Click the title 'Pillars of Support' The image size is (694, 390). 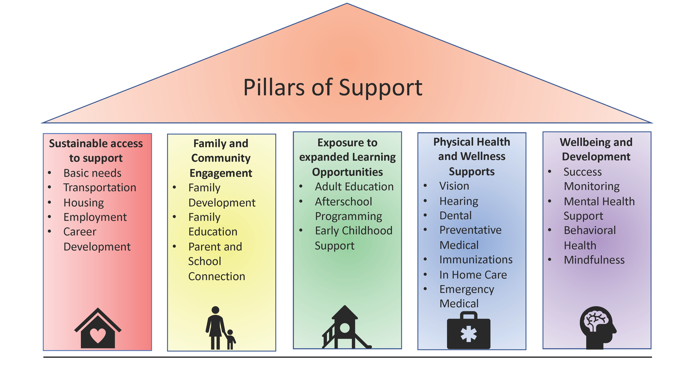point(333,87)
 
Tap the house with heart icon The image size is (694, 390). point(98,328)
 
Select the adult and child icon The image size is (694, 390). point(220,328)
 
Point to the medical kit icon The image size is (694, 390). point(468,331)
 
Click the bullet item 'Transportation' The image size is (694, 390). point(100,188)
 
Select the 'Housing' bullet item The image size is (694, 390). point(83,203)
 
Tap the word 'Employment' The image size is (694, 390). point(95,217)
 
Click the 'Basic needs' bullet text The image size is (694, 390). point(92,173)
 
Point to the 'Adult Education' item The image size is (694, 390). point(354,187)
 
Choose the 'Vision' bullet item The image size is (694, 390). point(454,186)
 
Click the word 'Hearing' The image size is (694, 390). point(459,201)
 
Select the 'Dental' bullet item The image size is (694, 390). point(455,216)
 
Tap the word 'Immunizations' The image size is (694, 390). point(476,260)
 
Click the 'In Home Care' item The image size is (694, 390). point(473,275)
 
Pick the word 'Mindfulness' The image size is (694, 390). point(594,260)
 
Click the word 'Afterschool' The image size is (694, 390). point(343,201)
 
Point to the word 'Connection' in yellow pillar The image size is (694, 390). point(217,277)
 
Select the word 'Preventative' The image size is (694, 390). point(470,230)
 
